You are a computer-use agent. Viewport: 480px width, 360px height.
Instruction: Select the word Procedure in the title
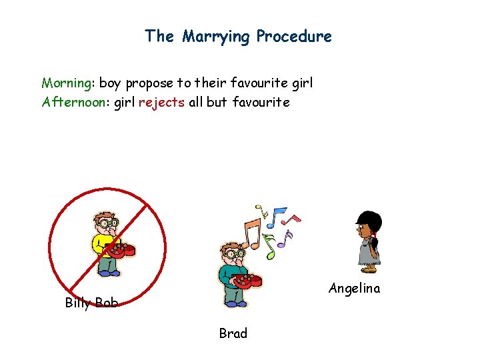[x=294, y=36]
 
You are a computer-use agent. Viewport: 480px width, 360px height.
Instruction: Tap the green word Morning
[x=67, y=83]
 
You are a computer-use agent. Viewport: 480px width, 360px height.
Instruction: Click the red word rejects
[x=161, y=103]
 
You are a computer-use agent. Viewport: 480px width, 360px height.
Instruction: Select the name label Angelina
[x=354, y=289]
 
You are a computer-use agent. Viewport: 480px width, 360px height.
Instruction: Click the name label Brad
[x=233, y=333]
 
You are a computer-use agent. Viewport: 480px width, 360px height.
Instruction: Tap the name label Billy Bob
[x=91, y=303]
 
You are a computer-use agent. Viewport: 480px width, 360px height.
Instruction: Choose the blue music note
[x=279, y=215]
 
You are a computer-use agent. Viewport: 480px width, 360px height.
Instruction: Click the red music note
[x=294, y=217]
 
